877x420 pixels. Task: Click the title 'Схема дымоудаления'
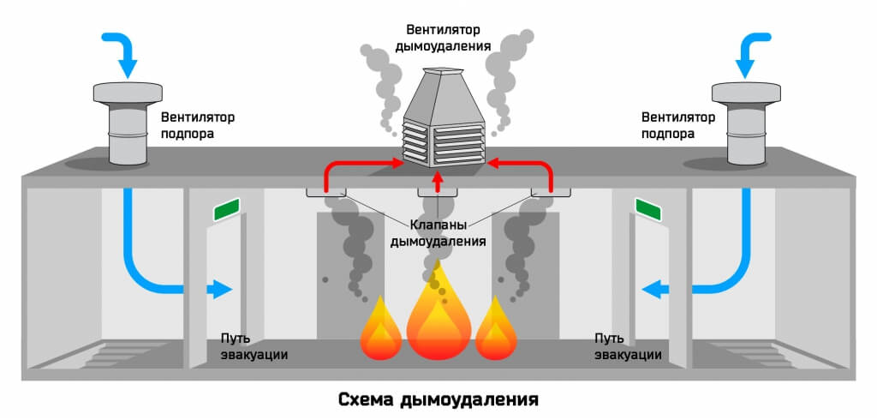pos(438,399)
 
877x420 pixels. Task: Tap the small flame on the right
pos(497,331)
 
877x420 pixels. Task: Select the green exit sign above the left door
pos(227,208)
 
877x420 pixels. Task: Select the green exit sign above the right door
pos(649,208)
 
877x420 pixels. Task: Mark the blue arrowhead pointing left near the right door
pos(653,290)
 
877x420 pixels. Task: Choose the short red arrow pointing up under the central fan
pos(438,181)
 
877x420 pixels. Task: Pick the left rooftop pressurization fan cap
pos(128,93)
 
